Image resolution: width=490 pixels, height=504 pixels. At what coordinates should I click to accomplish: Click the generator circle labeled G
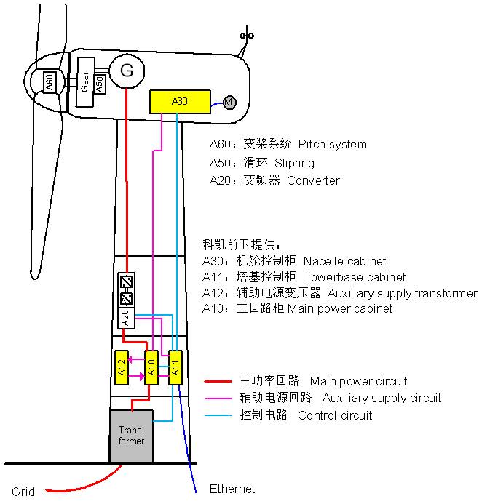pos(127,71)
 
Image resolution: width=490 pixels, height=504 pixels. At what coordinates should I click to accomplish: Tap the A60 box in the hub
pos(50,82)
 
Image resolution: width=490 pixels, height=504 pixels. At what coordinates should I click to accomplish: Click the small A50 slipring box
pos(100,84)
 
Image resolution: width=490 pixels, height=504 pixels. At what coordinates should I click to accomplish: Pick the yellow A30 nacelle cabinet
pos(179,102)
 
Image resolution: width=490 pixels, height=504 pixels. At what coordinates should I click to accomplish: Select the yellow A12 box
pos(122,367)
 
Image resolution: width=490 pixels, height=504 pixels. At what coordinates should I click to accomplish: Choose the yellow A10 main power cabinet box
pos(151,367)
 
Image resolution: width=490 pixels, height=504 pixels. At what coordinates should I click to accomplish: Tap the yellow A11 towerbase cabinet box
pos(175,367)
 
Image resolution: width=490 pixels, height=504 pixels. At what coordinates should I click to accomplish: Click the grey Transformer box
pos(131,436)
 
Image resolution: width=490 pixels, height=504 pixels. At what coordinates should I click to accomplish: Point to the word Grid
pos(23,492)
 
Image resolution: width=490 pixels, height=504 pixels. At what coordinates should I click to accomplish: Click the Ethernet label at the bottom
pos(232,489)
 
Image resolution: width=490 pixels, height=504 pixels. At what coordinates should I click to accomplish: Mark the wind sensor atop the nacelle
pos(247,34)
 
